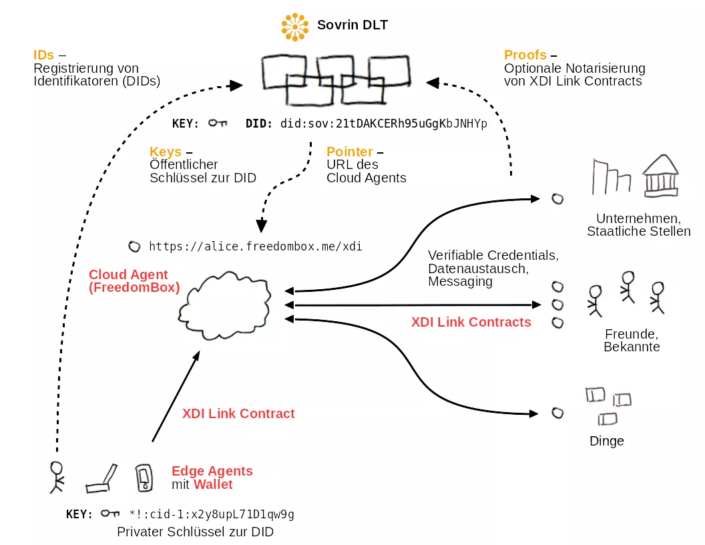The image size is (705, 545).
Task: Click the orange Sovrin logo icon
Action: click(x=294, y=26)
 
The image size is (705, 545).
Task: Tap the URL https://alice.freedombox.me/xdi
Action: click(x=256, y=246)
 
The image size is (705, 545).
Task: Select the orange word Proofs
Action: click(x=525, y=55)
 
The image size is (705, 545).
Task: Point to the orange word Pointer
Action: click(x=349, y=152)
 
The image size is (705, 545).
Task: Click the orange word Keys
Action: click(x=166, y=152)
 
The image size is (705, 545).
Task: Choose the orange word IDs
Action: click(x=44, y=55)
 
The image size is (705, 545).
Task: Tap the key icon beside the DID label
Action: click(x=217, y=124)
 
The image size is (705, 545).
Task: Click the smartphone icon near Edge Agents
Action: click(x=144, y=477)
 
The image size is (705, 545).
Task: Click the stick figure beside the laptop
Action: click(x=57, y=476)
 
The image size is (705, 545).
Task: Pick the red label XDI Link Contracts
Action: click(x=471, y=322)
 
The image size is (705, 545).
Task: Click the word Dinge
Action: click(x=606, y=441)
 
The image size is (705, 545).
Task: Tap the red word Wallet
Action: click(x=213, y=484)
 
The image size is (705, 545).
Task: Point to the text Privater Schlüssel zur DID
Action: click(x=195, y=532)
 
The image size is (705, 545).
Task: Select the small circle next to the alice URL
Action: click(x=134, y=246)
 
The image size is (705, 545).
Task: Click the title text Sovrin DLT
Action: click(x=352, y=25)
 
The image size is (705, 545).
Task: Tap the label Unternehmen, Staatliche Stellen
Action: click(x=638, y=225)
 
